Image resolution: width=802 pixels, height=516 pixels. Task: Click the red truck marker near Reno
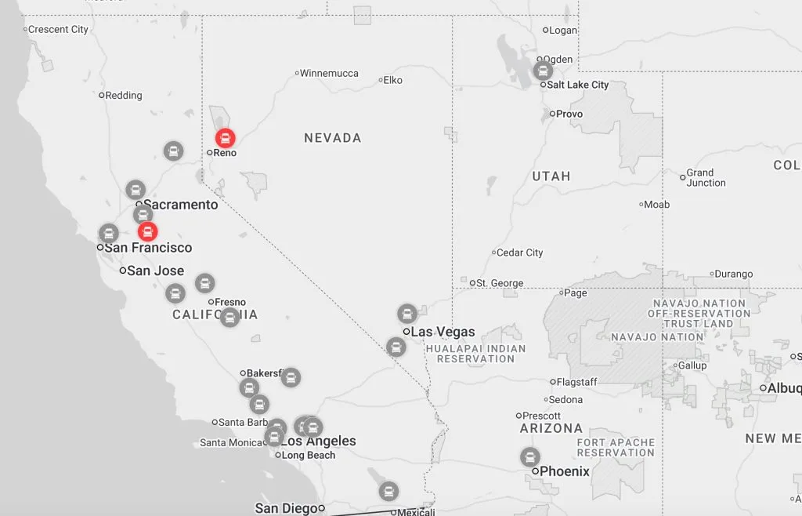(225, 139)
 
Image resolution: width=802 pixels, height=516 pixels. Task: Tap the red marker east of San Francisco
(147, 231)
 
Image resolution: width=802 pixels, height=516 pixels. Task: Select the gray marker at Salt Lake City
(543, 71)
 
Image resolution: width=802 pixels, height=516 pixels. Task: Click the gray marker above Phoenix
(530, 456)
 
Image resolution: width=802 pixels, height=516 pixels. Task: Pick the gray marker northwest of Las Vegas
(407, 314)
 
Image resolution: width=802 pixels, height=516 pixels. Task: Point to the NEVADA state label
(332, 138)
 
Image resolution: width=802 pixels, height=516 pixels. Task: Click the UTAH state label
(551, 176)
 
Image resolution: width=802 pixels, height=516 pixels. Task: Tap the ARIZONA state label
(551, 428)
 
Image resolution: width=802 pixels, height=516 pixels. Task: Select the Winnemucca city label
(329, 73)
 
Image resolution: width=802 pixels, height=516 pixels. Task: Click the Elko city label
(392, 80)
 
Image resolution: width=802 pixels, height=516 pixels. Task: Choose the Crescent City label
(58, 29)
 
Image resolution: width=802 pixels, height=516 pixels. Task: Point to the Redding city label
(124, 95)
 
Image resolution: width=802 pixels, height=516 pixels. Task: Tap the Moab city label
(656, 205)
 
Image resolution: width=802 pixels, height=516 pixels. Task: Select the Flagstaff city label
(578, 382)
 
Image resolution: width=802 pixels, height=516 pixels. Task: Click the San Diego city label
(286, 508)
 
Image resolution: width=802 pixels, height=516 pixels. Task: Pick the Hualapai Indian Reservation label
(476, 354)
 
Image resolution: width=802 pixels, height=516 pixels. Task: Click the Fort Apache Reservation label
(616, 448)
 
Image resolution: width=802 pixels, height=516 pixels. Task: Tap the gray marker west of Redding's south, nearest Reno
(173, 151)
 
